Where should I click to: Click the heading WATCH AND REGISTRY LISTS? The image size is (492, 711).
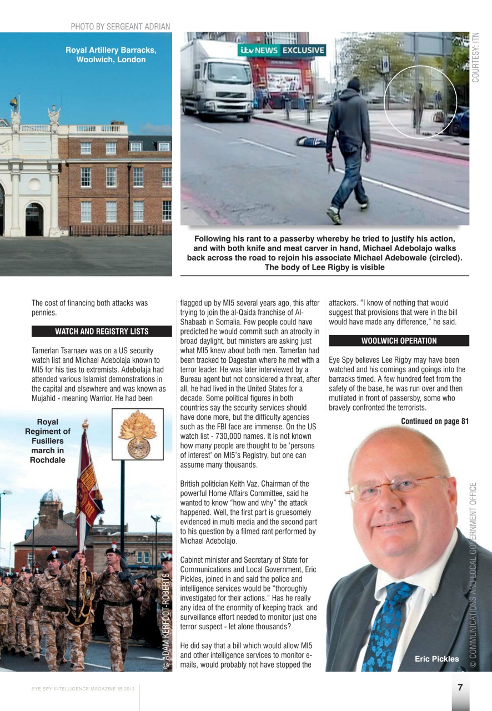102,332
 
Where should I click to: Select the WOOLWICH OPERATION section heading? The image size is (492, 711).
399,341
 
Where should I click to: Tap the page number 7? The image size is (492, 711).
460,687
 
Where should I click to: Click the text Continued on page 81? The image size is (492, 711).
434,421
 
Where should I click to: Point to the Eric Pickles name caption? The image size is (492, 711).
436,659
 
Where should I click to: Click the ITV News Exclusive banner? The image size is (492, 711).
282,51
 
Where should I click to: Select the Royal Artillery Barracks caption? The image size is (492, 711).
111,54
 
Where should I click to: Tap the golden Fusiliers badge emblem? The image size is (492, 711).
138,434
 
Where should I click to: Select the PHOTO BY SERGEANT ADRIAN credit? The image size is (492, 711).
120,27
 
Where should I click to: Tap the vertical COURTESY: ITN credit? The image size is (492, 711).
476,57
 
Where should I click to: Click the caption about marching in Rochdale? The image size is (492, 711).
48,441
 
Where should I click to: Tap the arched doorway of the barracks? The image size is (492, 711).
34,219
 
